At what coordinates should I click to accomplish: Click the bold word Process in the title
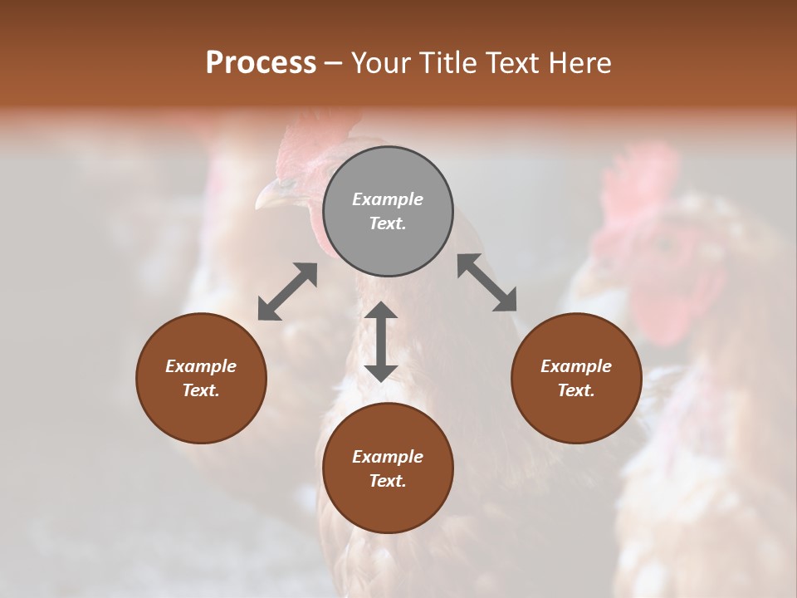261,62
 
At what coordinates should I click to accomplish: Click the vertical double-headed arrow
381,341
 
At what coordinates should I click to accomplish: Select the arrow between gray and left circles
287,292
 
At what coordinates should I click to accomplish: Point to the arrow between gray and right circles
487,282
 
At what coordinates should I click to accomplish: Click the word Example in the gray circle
388,199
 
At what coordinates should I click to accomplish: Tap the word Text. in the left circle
201,390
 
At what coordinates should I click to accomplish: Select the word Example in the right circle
576,366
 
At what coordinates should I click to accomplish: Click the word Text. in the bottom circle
388,481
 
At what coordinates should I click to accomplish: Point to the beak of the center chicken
270,197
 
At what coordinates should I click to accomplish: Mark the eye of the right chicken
664,245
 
